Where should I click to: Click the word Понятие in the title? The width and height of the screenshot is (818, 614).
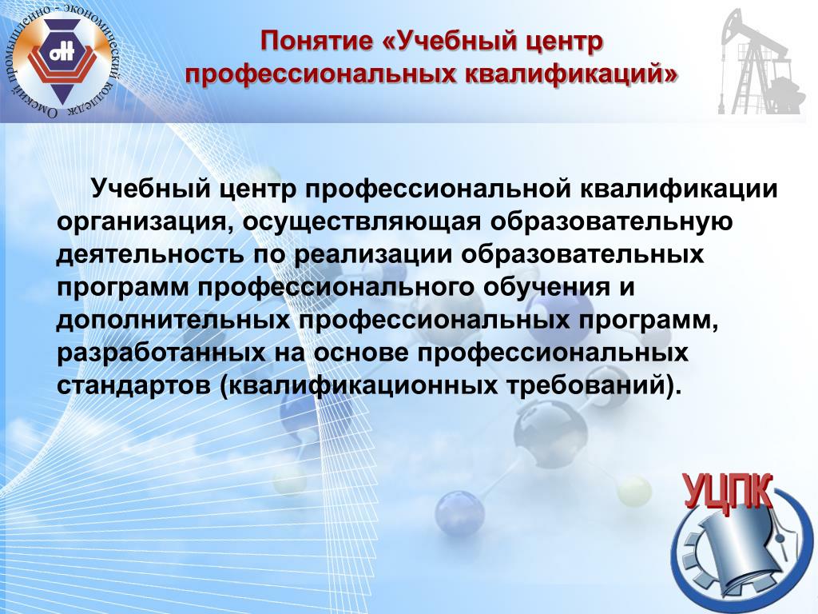(317, 41)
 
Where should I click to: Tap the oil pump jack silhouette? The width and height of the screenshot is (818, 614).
(758, 62)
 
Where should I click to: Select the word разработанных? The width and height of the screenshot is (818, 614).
(161, 353)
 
